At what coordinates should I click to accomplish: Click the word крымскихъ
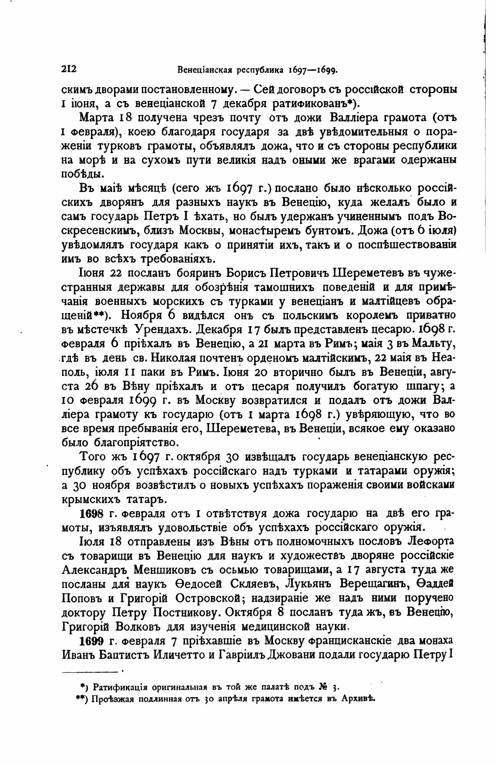90,499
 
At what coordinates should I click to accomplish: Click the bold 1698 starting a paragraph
92,513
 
